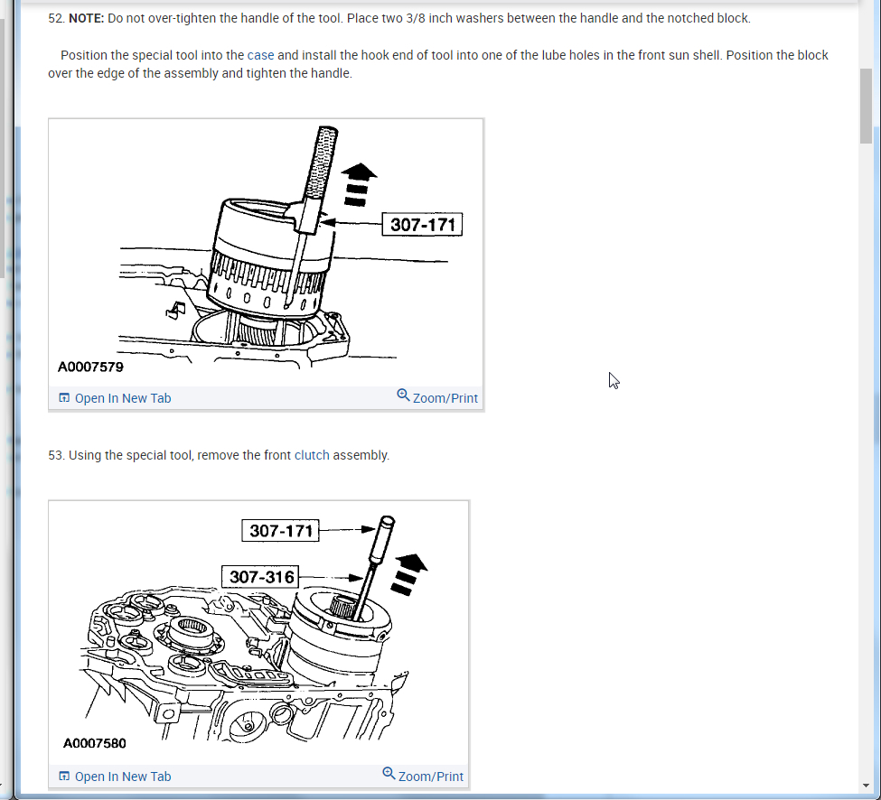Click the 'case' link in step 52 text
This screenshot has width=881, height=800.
click(260, 55)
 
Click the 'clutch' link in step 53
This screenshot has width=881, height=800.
click(312, 455)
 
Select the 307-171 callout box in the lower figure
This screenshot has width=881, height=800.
click(281, 530)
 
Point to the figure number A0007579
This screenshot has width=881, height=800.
click(90, 367)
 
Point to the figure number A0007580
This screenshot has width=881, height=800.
click(95, 743)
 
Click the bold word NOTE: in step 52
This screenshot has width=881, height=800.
click(86, 18)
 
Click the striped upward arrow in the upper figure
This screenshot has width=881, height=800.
click(360, 184)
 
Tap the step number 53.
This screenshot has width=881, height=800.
click(56, 455)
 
